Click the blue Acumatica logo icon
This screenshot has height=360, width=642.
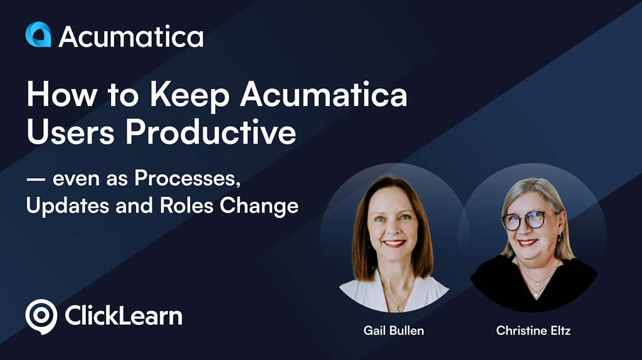point(38,35)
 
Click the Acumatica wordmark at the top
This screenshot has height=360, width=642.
point(131,36)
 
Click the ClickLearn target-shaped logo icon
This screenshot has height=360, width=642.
point(41,315)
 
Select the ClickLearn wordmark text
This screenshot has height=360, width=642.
point(124,315)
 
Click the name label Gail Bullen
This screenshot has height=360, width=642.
point(394,330)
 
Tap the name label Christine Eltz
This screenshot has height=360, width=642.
point(533,330)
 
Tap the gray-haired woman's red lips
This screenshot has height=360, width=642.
point(528,242)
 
